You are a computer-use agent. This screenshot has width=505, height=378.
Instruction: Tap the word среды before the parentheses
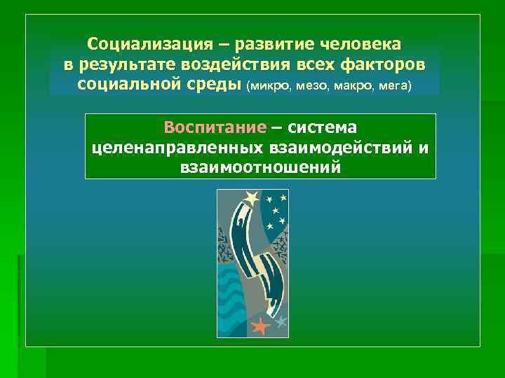[215, 85]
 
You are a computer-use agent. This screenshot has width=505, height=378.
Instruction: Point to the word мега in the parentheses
[394, 87]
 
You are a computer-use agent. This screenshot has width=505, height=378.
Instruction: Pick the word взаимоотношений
[260, 168]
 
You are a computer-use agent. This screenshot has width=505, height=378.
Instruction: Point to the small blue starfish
[281, 322]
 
